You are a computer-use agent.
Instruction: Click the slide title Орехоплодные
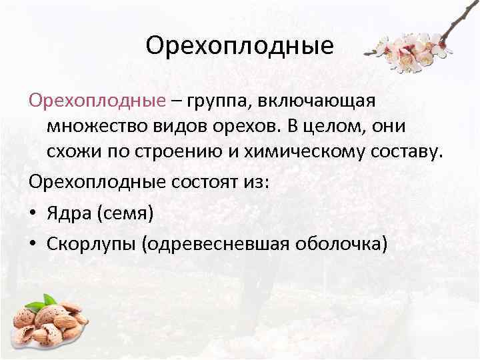coord(239,47)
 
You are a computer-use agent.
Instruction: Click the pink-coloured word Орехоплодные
coord(96,101)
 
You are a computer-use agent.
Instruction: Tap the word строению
coord(172,153)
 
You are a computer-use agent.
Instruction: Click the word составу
coord(405,152)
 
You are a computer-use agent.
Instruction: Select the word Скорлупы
coord(91,244)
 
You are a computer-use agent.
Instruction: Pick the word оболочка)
coord(339,244)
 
